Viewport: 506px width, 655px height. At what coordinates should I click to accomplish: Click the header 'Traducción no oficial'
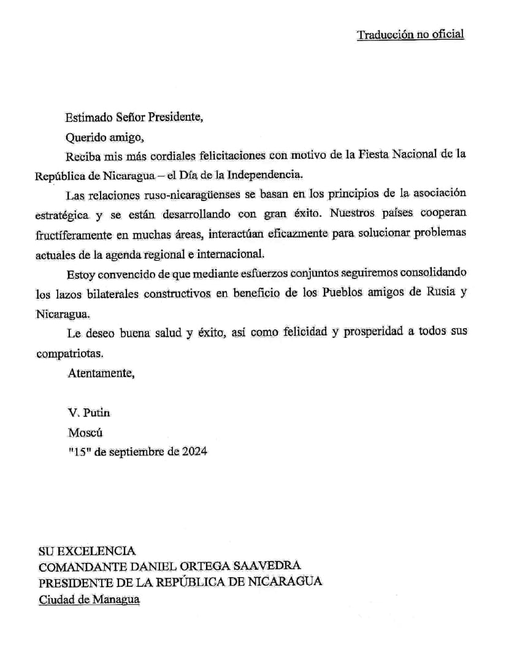click(x=410, y=34)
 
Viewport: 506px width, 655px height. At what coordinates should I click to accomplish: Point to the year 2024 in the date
click(x=193, y=451)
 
